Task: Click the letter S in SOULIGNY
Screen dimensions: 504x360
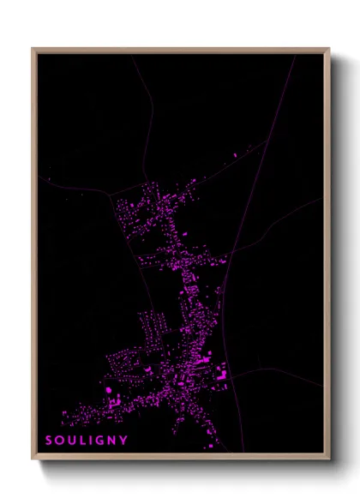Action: coord(49,441)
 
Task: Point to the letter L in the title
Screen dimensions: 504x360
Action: coord(83,441)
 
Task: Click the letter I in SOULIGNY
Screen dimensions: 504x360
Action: coord(91,441)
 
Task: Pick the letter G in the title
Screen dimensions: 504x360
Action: coord(100,441)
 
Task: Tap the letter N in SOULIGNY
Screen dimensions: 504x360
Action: coord(113,441)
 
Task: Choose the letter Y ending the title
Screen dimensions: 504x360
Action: coord(125,441)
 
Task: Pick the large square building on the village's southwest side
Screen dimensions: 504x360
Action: coord(110,391)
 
